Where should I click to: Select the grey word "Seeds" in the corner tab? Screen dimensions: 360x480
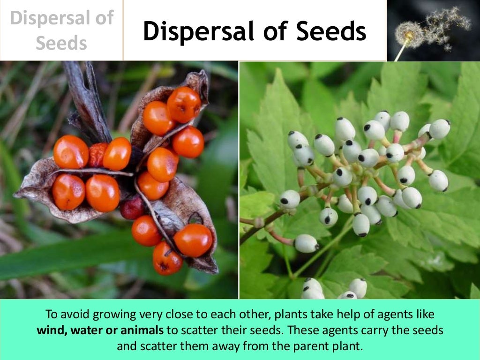[61, 44]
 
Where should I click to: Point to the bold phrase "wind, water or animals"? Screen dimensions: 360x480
[100, 330]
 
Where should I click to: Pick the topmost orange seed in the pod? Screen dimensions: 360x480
[184, 104]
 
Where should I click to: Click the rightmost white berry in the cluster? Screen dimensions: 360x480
[439, 129]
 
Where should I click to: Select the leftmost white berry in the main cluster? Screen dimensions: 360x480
[290, 199]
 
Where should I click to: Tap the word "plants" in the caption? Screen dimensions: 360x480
[292, 314]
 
